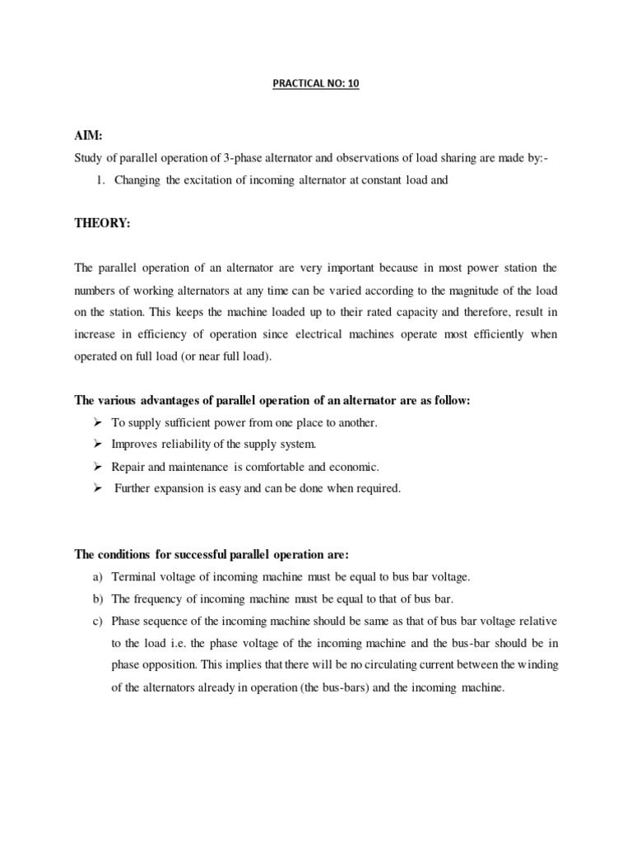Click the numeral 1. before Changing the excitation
pos(102,180)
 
